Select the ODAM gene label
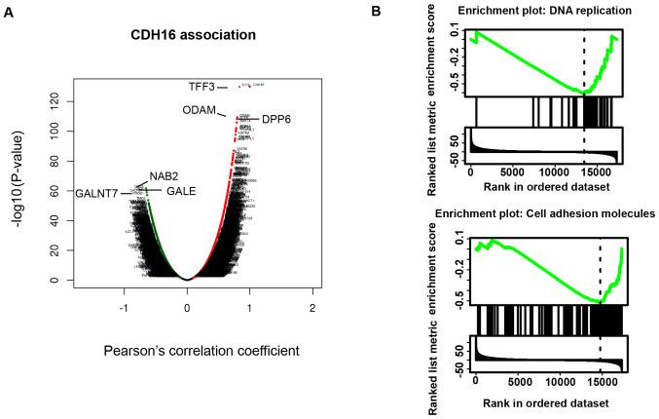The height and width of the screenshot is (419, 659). (200, 110)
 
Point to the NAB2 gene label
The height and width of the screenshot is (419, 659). (163, 176)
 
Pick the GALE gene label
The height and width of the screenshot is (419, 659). (181, 192)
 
